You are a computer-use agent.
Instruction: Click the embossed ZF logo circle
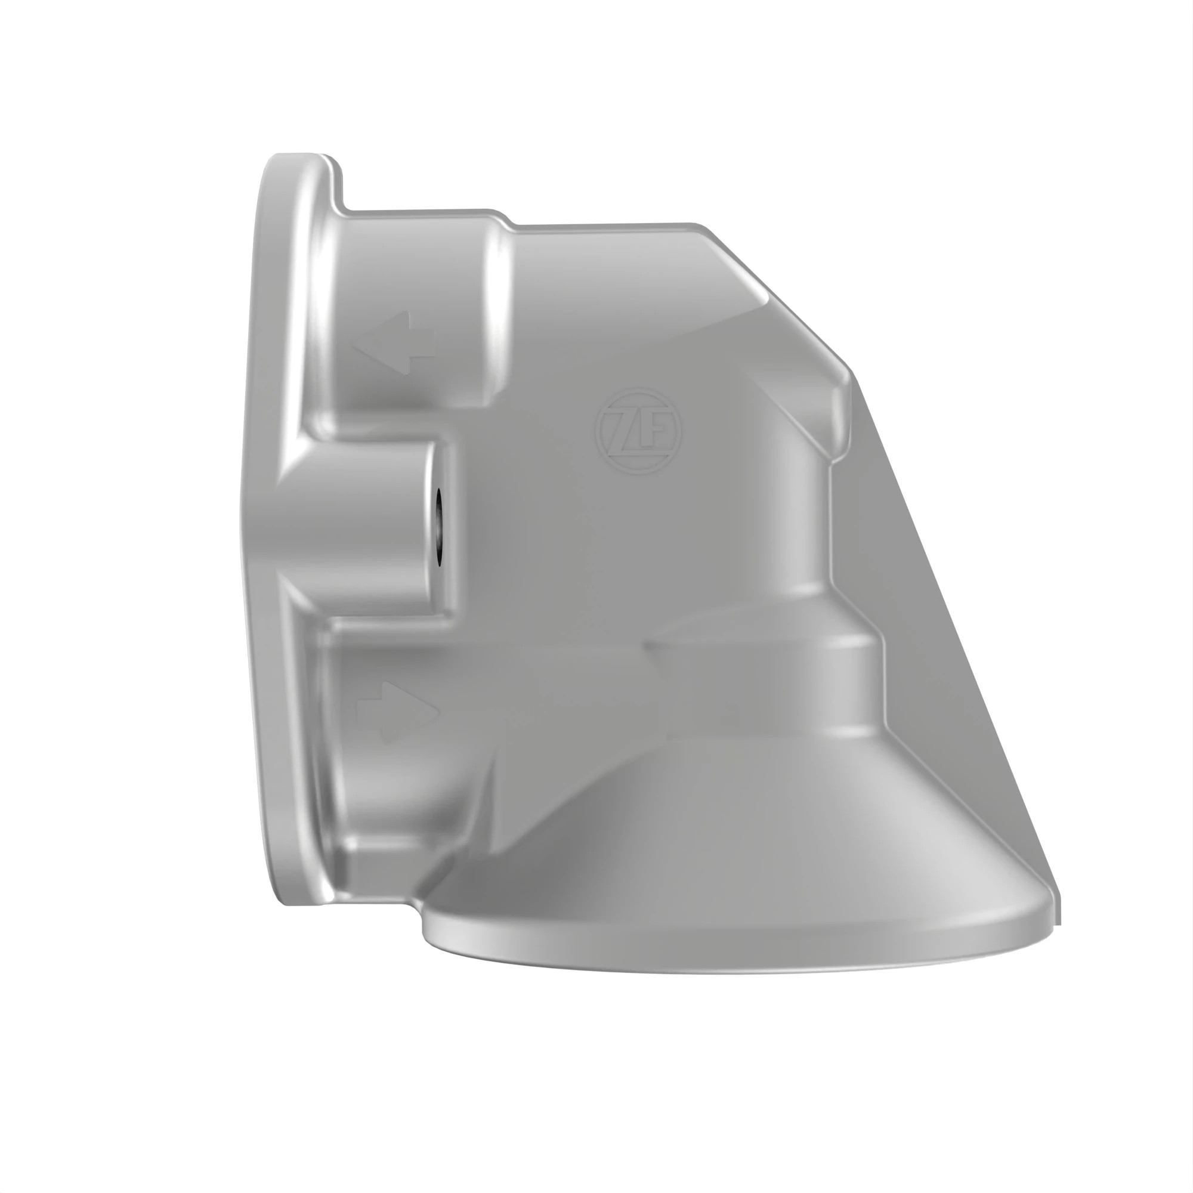click(x=638, y=432)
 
